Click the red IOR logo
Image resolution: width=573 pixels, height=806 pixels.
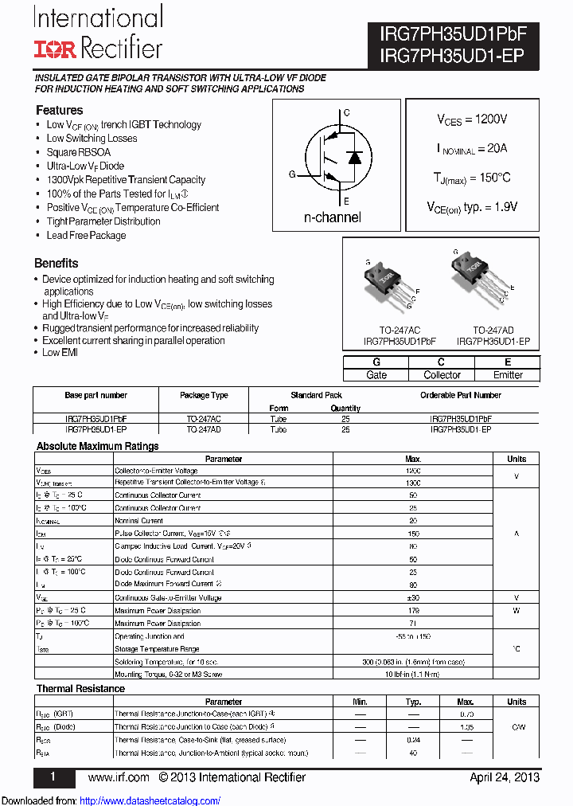click(55, 49)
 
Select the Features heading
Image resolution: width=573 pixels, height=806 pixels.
click(59, 110)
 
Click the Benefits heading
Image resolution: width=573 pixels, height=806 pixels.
click(56, 263)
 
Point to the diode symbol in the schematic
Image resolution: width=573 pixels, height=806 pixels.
click(355, 157)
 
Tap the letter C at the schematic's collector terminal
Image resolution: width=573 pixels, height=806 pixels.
click(345, 113)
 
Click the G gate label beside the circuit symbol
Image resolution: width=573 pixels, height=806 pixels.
click(292, 174)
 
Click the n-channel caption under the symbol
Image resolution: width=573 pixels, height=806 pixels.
click(332, 217)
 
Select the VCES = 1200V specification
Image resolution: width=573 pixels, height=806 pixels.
click(472, 119)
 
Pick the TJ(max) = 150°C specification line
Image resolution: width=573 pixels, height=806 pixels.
click(472, 178)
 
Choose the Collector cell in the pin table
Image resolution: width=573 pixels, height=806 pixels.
click(442, 374)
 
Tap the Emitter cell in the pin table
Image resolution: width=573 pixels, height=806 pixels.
click(508, 374)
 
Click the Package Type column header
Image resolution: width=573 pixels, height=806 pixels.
click(204, 395)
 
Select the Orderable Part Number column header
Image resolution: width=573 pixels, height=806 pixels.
click(461, 395)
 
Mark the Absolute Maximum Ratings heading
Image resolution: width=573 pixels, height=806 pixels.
click(97, 446)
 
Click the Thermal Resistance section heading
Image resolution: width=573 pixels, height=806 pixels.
click(80, 688)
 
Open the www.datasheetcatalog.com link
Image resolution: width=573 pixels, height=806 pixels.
click(150, 800)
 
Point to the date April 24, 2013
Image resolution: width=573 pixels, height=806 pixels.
click(505, 777)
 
